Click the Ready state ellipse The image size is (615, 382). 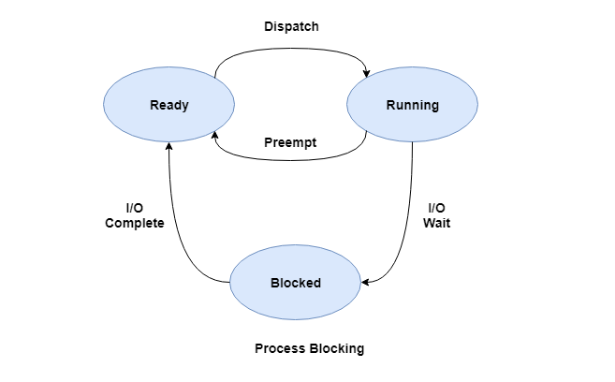click(168, 105)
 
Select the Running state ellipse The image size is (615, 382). click(412, 105)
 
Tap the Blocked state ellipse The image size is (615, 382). click(295, 283)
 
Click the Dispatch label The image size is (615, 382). click(290, 26)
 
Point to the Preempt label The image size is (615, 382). click(290, 143)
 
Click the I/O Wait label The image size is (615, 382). click(436, 215)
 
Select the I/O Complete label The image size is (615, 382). click(135, 215)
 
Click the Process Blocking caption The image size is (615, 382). click(309, 348)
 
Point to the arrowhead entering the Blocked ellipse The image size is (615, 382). click(365, 282)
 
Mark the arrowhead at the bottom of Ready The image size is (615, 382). click(168, 145)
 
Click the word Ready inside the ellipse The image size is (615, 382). click(168, 105)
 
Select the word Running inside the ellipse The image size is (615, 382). click(412, 105)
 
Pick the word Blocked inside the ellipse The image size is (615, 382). click(295, 283)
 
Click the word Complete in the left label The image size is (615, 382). click(135, 224)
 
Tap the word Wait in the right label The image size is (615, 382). click(436, 224)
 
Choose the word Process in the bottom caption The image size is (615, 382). click(279, 348)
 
